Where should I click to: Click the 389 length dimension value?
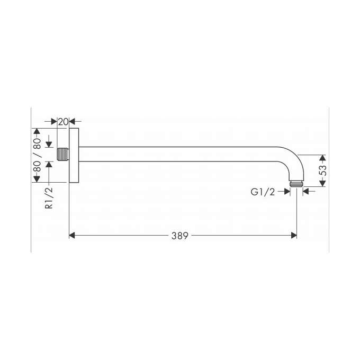pos(179,236)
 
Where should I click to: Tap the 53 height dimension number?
pos(323,170)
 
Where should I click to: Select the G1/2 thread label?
pos(263,192)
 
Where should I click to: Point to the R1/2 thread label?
pos(49,198)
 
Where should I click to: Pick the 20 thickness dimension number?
pos(63,121)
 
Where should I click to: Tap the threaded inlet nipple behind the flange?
pos(63,155)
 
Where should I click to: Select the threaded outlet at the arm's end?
pos(296,185)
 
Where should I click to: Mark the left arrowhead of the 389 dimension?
pos(73,236)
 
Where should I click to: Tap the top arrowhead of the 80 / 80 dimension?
pos(37,131)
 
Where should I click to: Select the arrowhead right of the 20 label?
pos(73,121)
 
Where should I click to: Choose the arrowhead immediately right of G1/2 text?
pos(287,192)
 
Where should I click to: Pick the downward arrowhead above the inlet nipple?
pos(49,145)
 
